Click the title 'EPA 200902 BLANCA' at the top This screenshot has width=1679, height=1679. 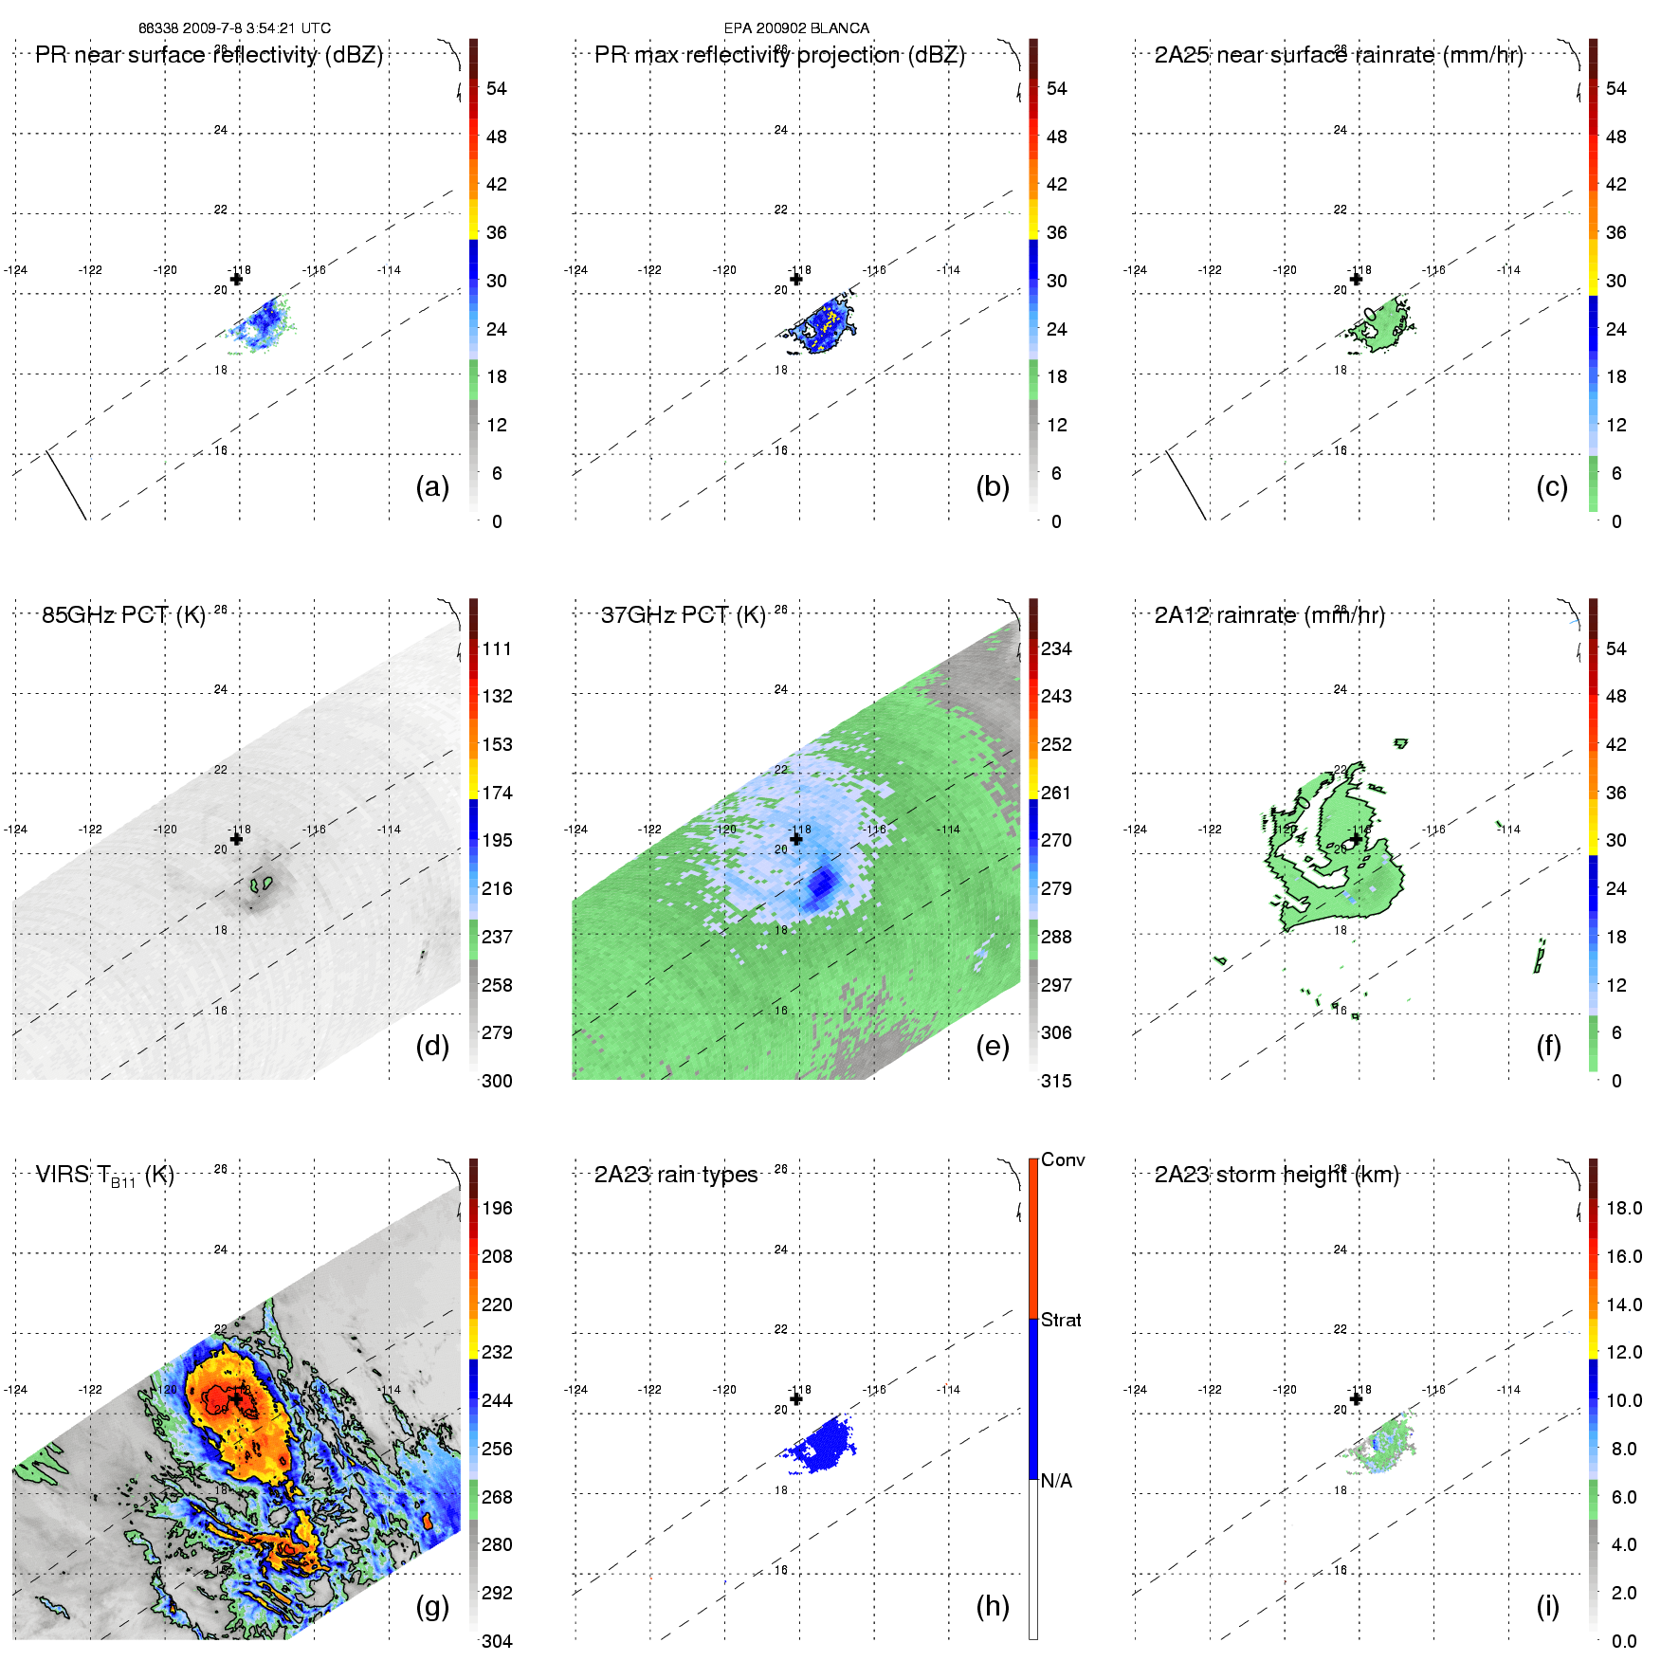tap(796, 28)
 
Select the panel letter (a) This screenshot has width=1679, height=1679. tap(432, 486)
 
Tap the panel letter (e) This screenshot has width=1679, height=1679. tap(993, 1046)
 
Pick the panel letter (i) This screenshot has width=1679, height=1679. tap(1547, 1606)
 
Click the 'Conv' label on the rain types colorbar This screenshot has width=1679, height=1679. tap(1063, 1159)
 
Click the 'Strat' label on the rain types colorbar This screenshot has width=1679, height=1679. tap(1061, 1320)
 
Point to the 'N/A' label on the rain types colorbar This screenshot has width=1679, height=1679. tap(1056, 1481)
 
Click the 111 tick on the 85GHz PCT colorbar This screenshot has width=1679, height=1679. tap(497, 648)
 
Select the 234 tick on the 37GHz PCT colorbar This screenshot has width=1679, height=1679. tap(1056, 648)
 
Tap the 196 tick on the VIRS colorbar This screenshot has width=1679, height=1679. tap(497, 1208)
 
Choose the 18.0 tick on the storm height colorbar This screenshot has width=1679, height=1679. tap(1624, 1208)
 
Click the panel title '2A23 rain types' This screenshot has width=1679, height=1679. tap(676, 1175)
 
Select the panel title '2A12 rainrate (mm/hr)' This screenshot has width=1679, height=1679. tap(1269, 615)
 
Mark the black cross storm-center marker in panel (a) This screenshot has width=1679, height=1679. tap(236, 279)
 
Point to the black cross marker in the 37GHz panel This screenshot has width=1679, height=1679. tap(796, 839)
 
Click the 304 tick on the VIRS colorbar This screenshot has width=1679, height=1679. tap(497, 1641)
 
